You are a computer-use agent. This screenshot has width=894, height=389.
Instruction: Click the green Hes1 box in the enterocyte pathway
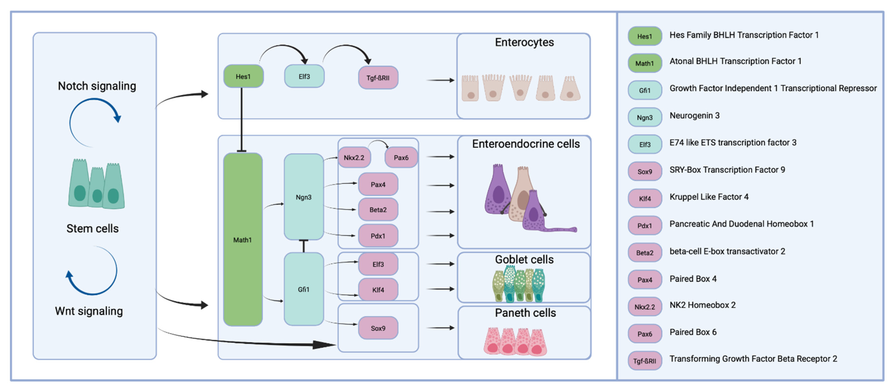click(243, 76)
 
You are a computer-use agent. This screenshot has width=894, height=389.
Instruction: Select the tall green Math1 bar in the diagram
click(243, 239)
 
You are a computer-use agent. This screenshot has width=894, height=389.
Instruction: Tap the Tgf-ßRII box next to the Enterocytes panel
click(378, 78)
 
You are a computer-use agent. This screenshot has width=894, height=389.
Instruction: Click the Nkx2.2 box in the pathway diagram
click(354, 157)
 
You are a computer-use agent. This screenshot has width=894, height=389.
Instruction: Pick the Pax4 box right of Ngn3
click(378, 184)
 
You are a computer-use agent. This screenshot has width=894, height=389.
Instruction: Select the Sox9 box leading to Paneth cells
click(378, 328)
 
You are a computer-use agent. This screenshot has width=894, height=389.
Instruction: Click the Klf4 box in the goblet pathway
click(378, 289)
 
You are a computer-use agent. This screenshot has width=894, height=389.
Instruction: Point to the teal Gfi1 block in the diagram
click(304, 289)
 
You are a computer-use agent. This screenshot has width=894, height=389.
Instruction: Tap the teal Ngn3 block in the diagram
click(304, 197)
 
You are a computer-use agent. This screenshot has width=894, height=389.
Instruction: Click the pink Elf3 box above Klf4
click(378, 264)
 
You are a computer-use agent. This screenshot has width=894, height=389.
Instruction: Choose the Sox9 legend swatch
click(644, 171)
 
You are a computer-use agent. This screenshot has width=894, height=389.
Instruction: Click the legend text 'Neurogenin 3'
click(694, 116)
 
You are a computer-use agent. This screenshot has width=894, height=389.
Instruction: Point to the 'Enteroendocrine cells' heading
click(526, 144)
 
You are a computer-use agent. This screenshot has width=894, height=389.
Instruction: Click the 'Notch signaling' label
click(97, 86)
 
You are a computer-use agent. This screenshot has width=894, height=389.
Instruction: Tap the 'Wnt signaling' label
click(89, 311)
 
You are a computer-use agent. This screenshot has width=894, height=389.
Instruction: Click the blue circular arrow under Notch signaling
click(94, 121)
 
